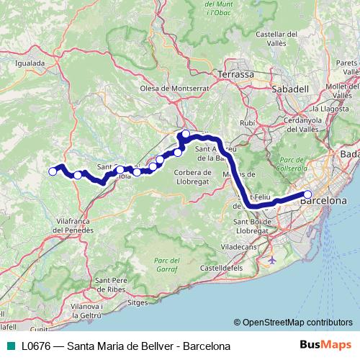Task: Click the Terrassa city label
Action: click(236, 74)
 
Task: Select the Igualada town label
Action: click(30, 63)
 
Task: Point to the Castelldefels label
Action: click(221, 267)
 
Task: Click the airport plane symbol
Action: click(272, 258)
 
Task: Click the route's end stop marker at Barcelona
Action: click(307, 194)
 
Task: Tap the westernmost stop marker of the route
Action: click(53, 171)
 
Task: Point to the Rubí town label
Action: click(248, 123)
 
